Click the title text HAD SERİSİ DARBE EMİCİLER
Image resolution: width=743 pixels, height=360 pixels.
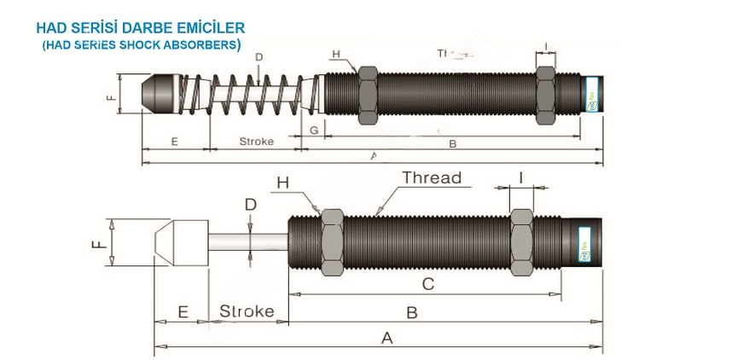tap(141, 28)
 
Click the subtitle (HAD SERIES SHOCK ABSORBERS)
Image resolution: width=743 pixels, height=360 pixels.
tap(141, 44)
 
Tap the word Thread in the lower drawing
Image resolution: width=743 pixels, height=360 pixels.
tap(432, 178)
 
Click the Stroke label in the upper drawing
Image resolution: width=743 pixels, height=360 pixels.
tap(256, 142)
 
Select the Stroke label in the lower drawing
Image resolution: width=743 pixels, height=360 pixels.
tap(247, 311)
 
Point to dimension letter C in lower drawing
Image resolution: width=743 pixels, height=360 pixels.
tap(428, 284)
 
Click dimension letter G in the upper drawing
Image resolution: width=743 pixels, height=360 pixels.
tap(314, 131)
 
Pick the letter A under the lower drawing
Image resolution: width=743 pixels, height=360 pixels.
tap(386, 338)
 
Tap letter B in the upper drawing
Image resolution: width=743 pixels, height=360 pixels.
tap(453, 143)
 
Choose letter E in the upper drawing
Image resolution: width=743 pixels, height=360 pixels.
tap(174, 142)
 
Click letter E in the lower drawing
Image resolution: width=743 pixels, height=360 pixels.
tap(182, 311)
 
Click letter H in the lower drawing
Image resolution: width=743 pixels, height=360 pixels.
tap(283, 183)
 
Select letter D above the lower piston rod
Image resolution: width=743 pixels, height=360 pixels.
tap(250, 205)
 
